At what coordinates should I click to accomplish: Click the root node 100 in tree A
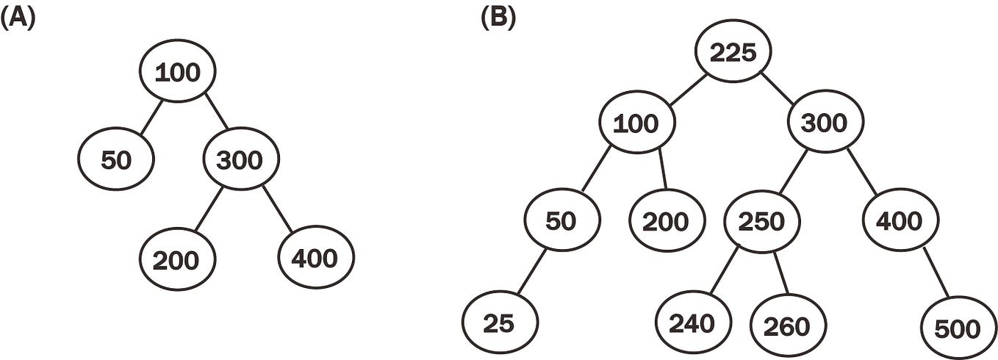(x=178, y=71)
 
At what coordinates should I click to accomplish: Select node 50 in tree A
(x=116, y=159)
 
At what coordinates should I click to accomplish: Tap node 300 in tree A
(x=241, y=159)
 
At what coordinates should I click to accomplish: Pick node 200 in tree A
(x=178, y=259)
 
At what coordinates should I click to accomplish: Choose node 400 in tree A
(x=316, y=258)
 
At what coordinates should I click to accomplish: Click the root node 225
(x=733, y=51)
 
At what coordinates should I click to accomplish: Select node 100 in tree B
(x=636, y=122)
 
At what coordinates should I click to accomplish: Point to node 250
(x=762, y=221)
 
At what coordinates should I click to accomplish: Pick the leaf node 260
(x=788, y=325)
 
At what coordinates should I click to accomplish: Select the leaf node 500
(x=958, y=328)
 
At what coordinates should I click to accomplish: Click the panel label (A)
(x=18, y=20)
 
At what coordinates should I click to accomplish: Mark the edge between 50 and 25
(x=531, y=272)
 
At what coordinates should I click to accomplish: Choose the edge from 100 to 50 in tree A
(x=151, y=117)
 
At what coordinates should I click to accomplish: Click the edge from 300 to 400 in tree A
(x=277, y=209)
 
